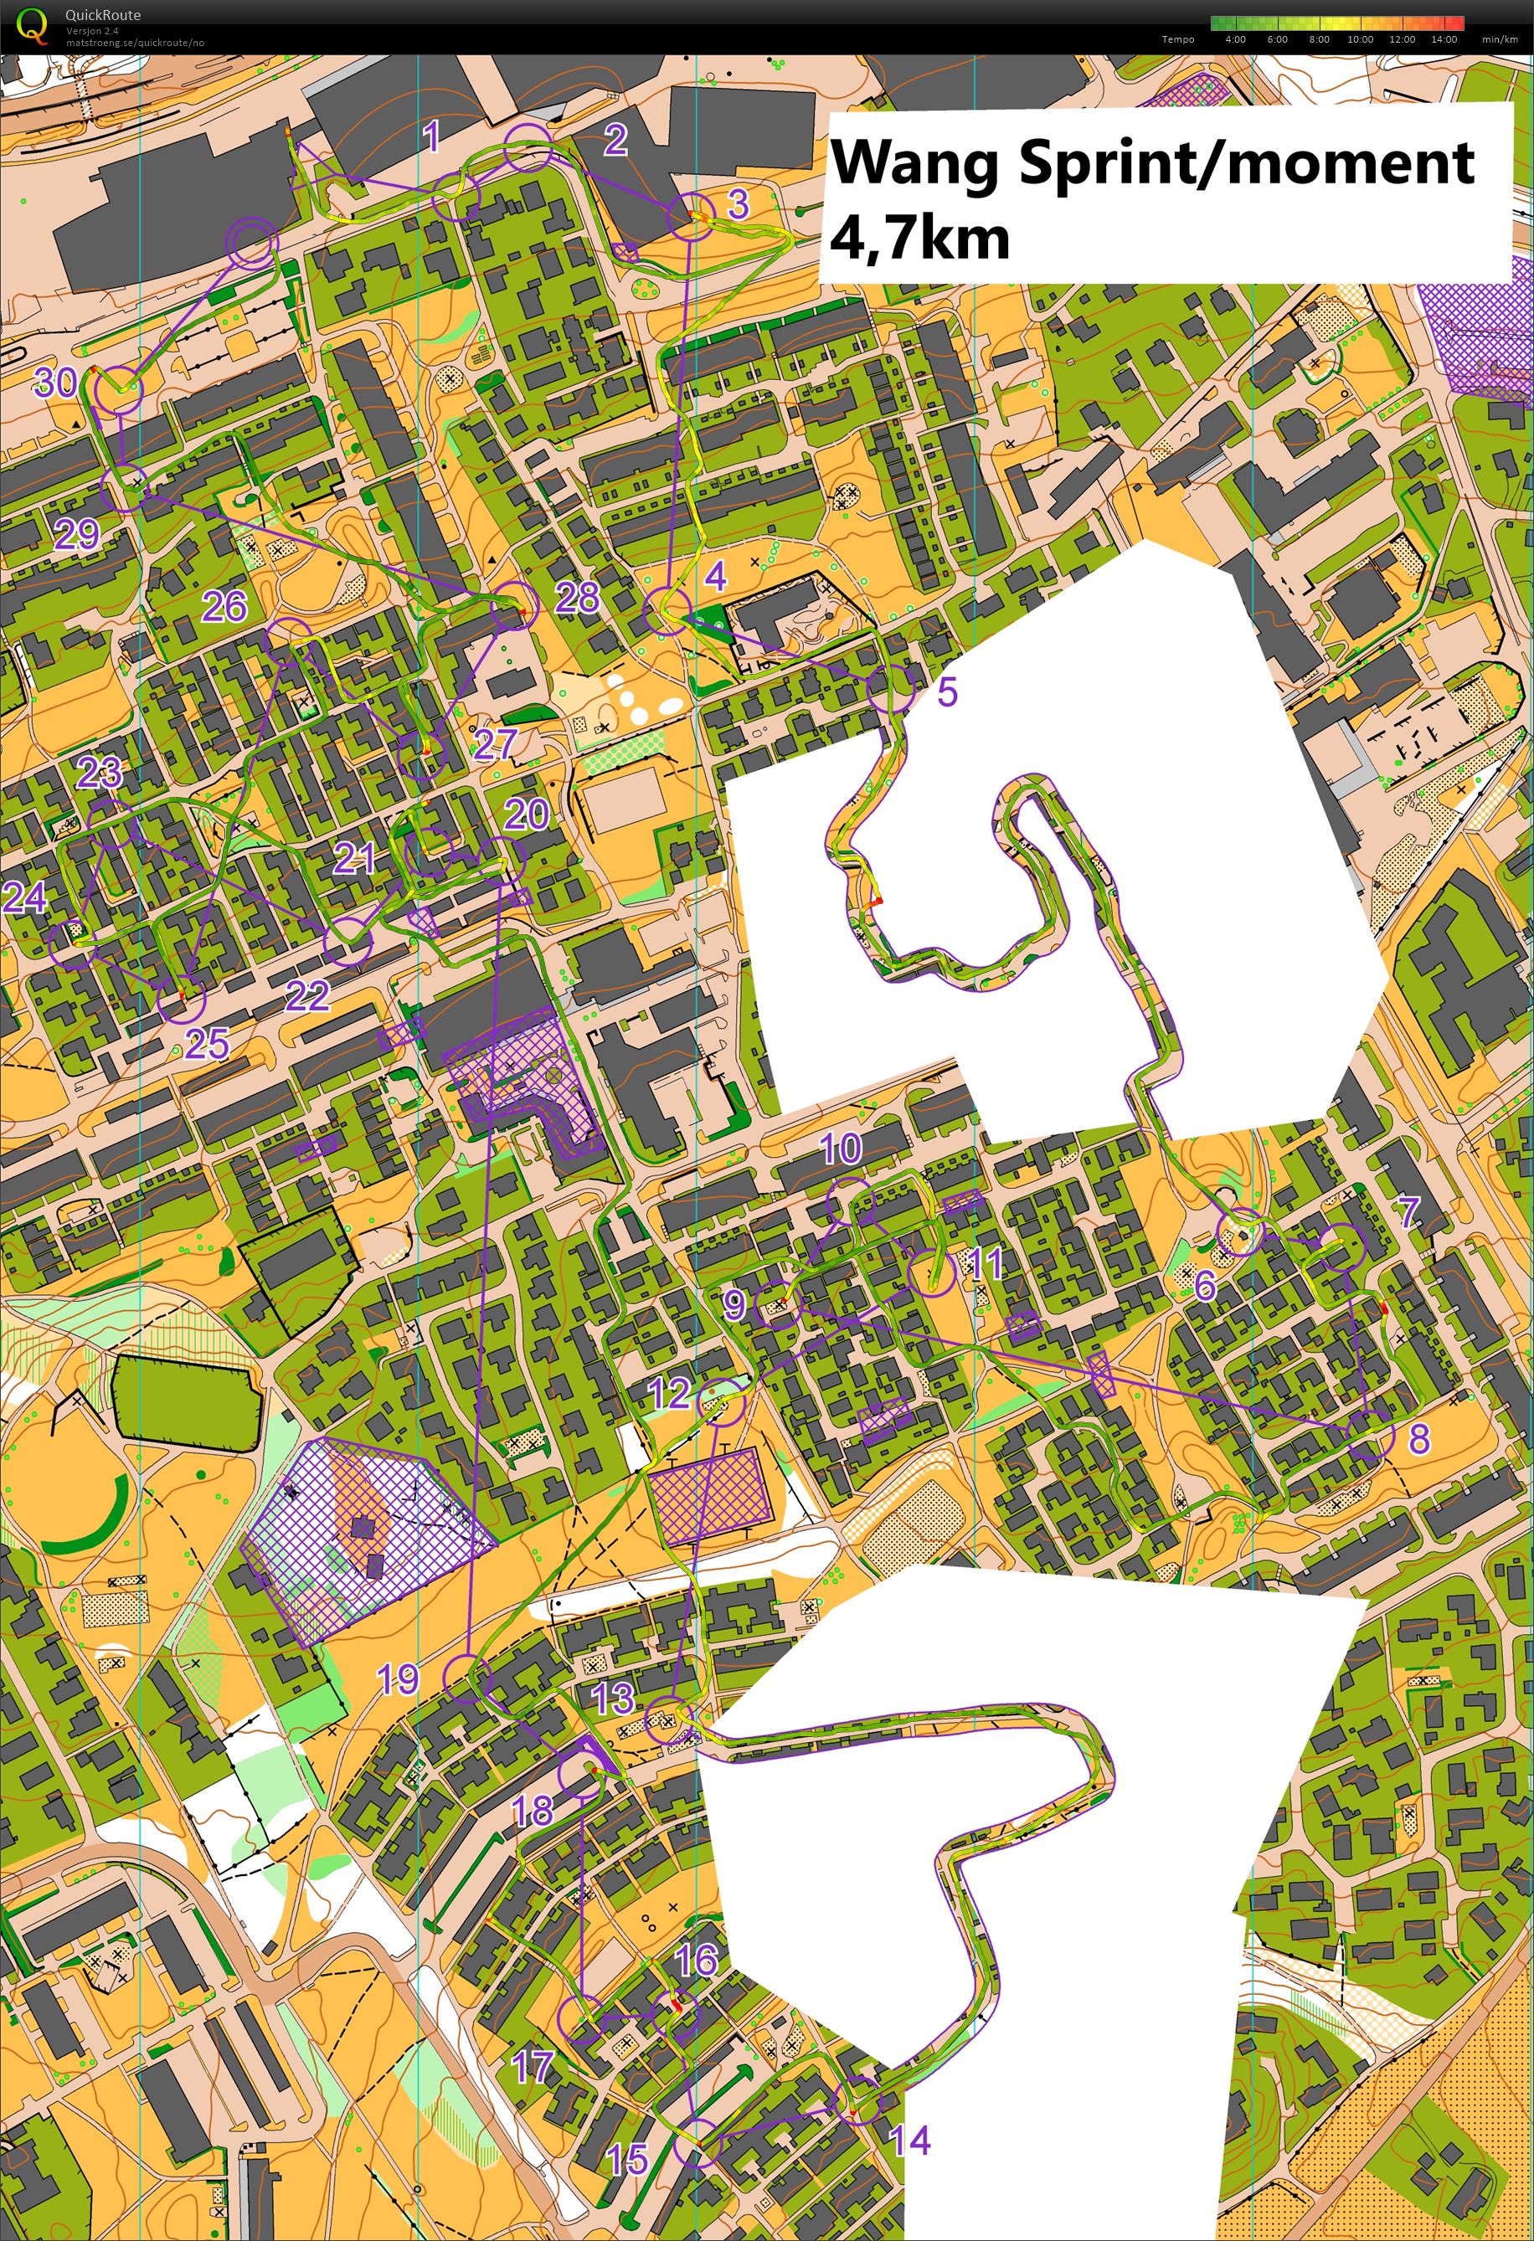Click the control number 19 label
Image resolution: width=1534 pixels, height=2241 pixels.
point(398,1681)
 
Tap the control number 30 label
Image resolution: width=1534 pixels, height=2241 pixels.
point(55,383)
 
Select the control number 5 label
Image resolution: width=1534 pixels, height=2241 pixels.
point(947,691)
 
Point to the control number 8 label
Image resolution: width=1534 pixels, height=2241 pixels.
point(1418,1437)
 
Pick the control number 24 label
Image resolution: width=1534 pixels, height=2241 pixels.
point(25,897)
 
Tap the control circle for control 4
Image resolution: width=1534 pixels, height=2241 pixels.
point(667,611)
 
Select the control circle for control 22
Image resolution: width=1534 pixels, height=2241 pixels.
point(348,942)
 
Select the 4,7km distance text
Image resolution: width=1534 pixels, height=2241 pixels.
point(919,237)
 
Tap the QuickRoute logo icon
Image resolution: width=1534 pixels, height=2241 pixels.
point(33,25)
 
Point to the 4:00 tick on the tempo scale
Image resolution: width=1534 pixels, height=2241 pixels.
point(1235,39)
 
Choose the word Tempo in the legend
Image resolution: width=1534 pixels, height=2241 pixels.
point(1178,39)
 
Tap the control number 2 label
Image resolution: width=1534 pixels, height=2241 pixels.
point(615,140)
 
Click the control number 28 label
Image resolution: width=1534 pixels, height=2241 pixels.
point(577,598)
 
